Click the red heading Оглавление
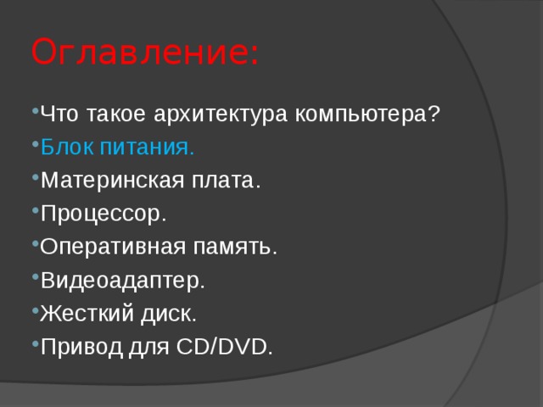pyautogui.click(x=145, y=51)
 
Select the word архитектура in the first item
pyautogui.click(x=221, y=114)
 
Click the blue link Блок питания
pyautogui.click(x=117, y=147)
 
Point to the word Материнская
pyautogui.click(x=113, y=181)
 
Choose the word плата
pyautogui.click(x=226, y=181)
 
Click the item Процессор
pyautogui.click(x=104, y=214)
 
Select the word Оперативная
pyautogui.click(x=113, y=247)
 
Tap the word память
pyautogui.click(x=235, y=247)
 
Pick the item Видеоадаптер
pyautogui.click(x=122, y=281)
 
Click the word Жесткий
pyautogui.click(x=87, y=313)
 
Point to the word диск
pyautogui.click(x=169, y=314)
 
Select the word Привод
pyautogui.click(x=81, y=347)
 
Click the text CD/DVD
pyautogui.click(x=224, y=347)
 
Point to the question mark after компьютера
pyautogui.click(x=434, y=113)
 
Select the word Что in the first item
pyautogui.click(x=59, y=114)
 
